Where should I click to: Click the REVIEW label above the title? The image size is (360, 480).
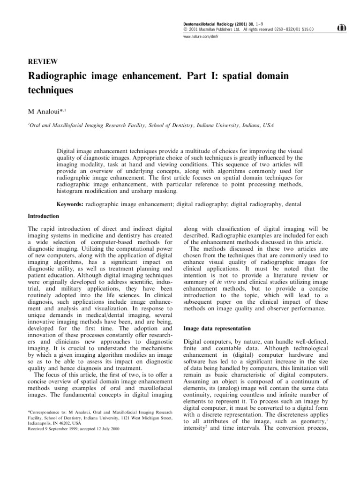pos(43,61)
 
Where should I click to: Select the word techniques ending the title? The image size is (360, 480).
pos(51,90)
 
